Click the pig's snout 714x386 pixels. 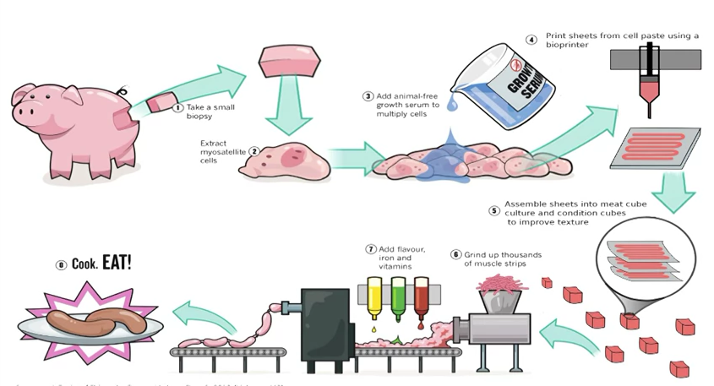pos(25,110)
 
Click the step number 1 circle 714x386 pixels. pos(177,107)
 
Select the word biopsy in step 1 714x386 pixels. pos(200,119)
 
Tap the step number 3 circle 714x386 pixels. pos(368,96)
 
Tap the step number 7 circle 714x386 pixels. pos(370,249)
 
